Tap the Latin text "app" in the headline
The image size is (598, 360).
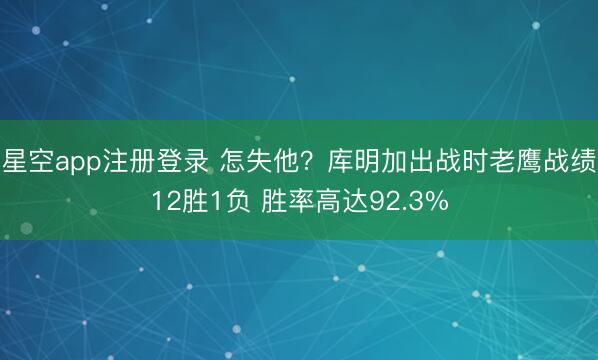click(x=76, y=162)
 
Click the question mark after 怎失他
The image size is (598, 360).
click(x=301, y=161)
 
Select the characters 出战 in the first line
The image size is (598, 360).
click(x=418, y=161)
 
